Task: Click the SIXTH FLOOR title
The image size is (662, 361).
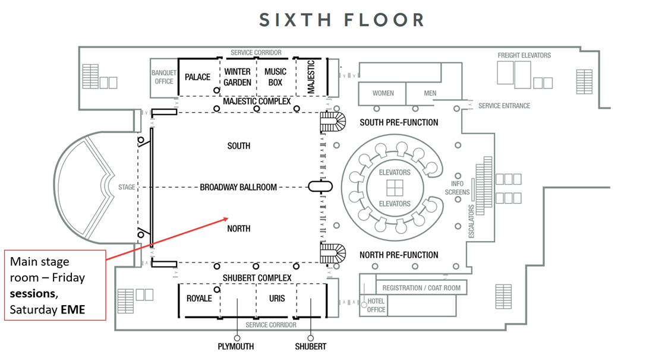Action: point(342,20)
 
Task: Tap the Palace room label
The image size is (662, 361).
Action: point(197,77)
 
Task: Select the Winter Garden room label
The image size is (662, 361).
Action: point(238,77)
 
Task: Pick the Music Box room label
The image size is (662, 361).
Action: point(275,77)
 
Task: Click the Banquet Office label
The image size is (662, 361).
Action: point(164,77)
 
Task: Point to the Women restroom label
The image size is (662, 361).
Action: point(383,93)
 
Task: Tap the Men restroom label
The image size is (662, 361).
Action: point(430,93)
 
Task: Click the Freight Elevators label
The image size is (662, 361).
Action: point(524,55)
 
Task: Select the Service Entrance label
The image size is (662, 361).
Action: point(505,106)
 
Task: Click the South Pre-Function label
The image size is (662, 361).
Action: point(399,122)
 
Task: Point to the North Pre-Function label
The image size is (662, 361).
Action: point(399,255)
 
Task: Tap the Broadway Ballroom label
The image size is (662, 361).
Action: point(238,187)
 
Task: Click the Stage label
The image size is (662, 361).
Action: point(127,187)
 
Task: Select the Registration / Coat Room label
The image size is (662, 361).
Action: point(421,288)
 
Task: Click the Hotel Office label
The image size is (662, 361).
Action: point(377,305)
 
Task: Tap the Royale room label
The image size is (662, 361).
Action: point(199,298)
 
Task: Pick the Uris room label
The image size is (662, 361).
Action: point(277,298)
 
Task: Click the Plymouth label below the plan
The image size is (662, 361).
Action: point(236,346)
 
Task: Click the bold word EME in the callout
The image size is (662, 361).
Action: point(73,309)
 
